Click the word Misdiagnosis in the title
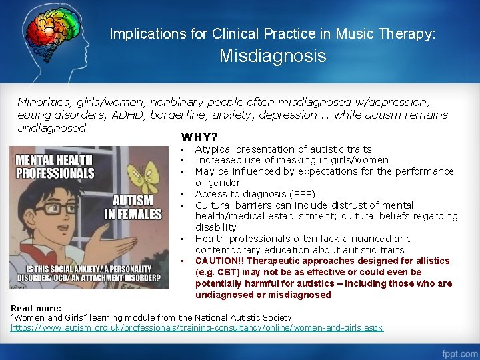[273, 56]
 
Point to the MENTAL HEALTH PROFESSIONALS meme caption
[54, 166]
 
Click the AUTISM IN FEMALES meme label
[132, 207]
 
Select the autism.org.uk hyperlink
[197, 328]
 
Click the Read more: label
[36, 308]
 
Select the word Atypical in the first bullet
[213, 149]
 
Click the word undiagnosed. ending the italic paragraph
[52, 127]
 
